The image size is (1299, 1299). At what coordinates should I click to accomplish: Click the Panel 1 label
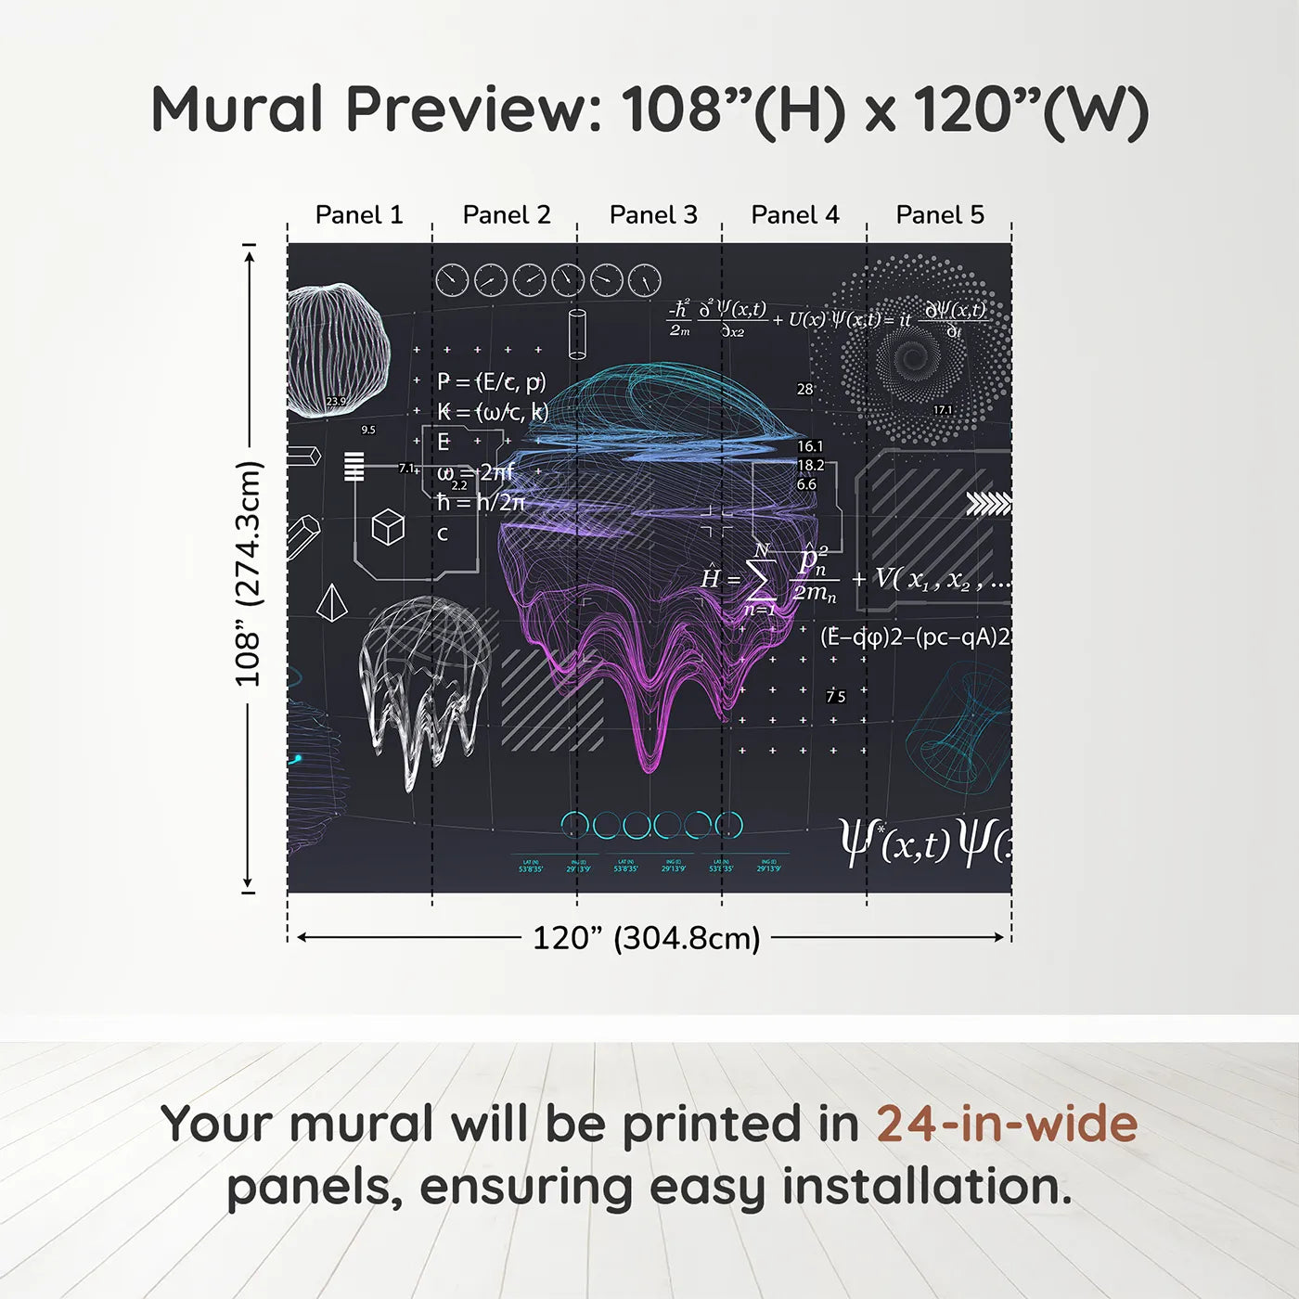[x=359, y=215]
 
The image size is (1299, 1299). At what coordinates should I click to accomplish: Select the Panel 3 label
[x=653, y=215]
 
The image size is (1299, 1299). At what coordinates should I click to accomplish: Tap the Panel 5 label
[x=940, y=215]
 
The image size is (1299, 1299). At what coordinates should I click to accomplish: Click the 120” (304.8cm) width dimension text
[x=646, y=938]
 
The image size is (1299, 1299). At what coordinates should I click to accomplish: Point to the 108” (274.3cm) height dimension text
[x=248, y=573]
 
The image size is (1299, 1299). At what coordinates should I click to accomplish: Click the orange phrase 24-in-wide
[x=1007, y=1124]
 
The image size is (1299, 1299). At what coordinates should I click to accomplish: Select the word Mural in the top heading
[x=237, y=109]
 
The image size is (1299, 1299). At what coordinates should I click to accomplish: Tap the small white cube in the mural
[x=388, y=527]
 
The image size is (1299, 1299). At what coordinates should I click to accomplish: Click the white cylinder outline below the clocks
[x=576, y=333]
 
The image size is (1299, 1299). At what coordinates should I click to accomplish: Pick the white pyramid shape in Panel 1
[x=331, y=603]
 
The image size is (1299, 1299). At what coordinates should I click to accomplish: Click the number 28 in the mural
[x=804, y=389]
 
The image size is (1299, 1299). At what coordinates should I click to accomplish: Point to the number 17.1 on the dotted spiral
[x=943, y=410]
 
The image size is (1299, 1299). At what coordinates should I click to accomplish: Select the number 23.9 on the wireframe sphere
[x=336, y=402]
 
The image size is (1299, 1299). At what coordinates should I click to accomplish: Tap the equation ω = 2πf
[x=475, y=472]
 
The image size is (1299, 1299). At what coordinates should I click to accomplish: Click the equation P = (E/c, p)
[x=492, y=381]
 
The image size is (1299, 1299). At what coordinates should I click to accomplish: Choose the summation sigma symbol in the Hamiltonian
[x=761, y=579]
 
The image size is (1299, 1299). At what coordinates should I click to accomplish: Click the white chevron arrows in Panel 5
[x=988, y=504]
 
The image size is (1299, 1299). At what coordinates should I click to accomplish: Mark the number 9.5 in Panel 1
[x=368, y=430]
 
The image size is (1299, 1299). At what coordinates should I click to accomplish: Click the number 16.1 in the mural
[x=809, y=446]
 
